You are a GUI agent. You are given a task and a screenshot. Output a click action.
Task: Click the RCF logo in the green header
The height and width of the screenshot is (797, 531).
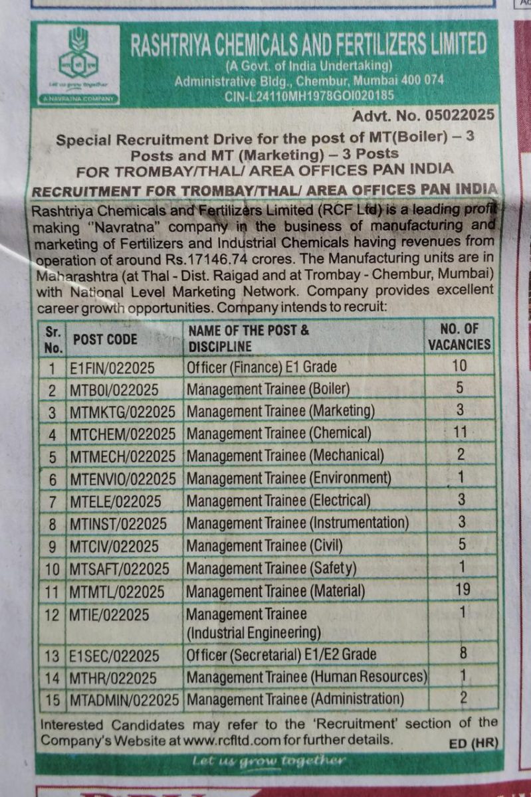click(x=78, y=64)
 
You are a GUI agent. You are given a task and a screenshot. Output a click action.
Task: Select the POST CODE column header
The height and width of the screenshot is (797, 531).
click(x=105, y=339)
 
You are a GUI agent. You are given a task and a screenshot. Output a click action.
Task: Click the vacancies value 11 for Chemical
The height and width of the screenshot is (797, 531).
click(x=459, y=432)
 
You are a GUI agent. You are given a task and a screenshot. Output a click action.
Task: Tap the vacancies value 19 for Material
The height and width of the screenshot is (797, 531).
click(x=463, y=589)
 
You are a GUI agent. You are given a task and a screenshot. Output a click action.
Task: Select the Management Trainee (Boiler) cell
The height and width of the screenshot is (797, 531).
click(x=268, y=389)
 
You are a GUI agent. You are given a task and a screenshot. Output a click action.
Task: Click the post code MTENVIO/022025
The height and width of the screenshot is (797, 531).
click(x=122, y=478)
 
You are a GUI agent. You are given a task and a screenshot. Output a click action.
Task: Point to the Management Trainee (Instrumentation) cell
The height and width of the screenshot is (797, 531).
click(x=297, y=523)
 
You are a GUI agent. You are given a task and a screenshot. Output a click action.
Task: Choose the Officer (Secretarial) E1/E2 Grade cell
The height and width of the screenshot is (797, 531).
click(x=281, y=655)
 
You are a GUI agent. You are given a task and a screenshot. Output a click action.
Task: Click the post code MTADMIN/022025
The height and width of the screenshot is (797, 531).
click(x=124, y=700)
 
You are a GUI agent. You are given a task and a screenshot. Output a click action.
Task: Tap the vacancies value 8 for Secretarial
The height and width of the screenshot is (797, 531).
click(x=463, y=653)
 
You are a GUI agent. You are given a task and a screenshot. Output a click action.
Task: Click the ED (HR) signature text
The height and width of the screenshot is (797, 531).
click(x=473, y=743)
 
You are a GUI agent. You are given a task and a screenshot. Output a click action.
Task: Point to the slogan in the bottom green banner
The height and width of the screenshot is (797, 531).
click(x=268, y=761)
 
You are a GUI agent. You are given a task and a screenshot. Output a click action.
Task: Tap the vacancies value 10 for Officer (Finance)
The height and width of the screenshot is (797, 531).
click(x=459, y=365)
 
